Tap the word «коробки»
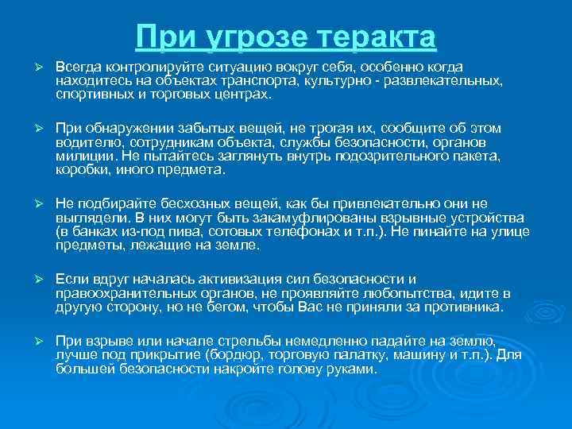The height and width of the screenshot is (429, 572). (81, 169)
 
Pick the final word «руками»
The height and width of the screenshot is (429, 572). (349, 369)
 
